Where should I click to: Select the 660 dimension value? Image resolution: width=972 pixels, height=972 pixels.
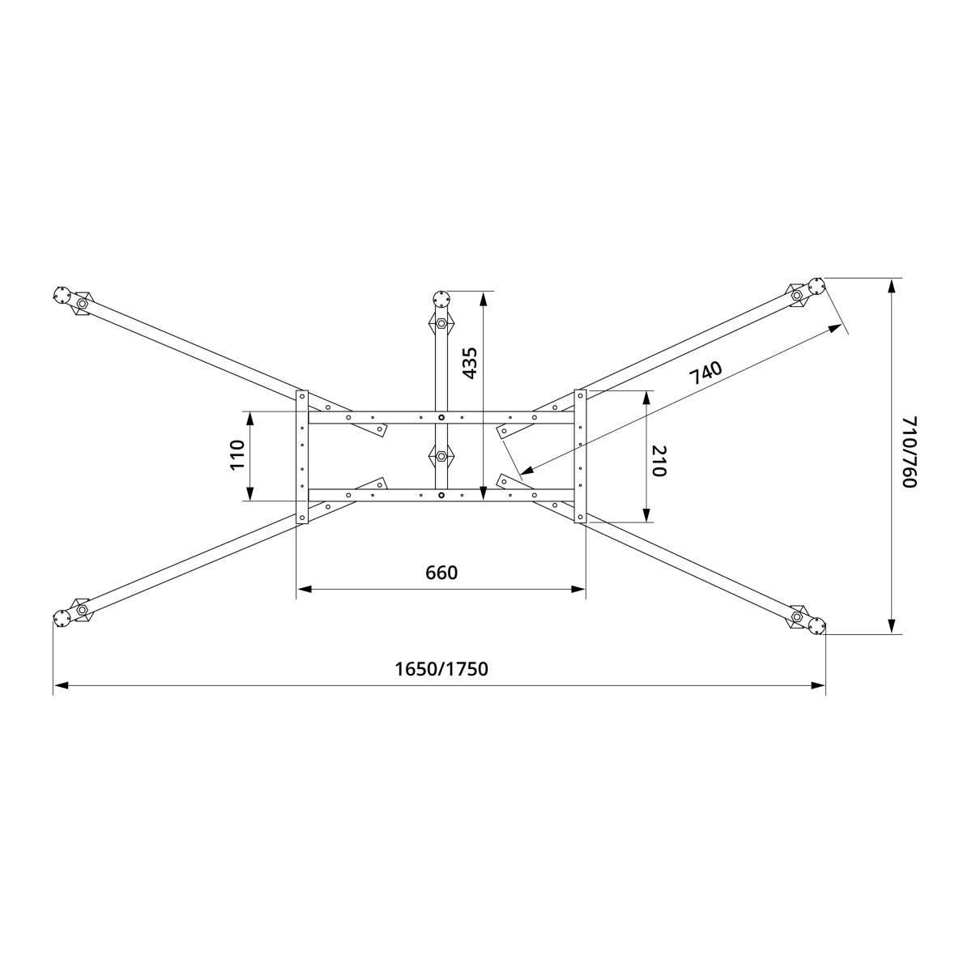(x=441, y=573)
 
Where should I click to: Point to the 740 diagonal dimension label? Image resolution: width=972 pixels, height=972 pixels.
(x=705, y=373)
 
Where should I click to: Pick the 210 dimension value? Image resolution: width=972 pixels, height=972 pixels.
(x=658, y=461)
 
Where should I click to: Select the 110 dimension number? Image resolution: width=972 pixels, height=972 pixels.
(x=237, y=455)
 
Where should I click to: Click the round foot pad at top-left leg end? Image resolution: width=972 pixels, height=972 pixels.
(x=62, y=295)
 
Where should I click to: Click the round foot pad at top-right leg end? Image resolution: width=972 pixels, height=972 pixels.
(x=816, y=285)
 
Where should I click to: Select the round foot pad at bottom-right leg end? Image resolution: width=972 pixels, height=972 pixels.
(x=816, y=625)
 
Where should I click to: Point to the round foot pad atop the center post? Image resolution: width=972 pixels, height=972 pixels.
(x=441, y=297)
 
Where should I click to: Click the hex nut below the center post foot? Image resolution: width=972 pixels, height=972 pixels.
(x=441, y=324)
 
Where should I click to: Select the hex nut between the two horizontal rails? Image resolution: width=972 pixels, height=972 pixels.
(x=441, y=457)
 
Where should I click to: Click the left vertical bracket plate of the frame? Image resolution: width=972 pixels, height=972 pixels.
(x=302, y=457)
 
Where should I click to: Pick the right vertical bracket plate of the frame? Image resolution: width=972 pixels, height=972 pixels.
(x=580, y=456)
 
